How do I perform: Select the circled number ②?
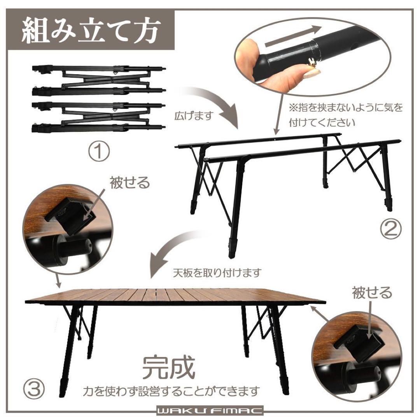(390, 229)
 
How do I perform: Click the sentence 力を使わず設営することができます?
(171, 390)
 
